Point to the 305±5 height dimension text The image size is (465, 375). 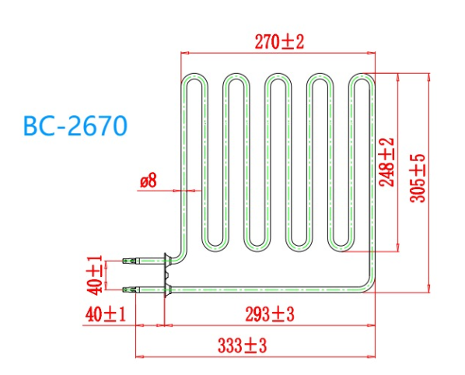click(x=418, y=178)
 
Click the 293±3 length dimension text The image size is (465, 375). click(x=269, y=315)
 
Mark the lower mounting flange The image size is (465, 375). click(x=166, y=290)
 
